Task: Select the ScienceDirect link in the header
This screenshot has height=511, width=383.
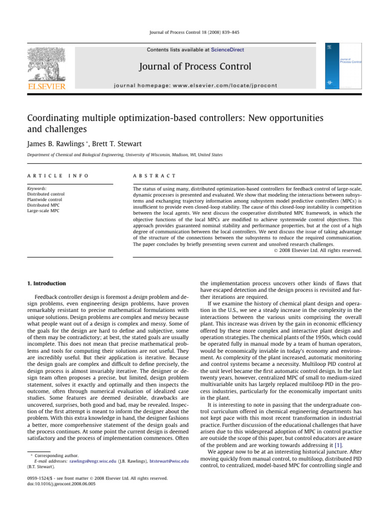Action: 227,50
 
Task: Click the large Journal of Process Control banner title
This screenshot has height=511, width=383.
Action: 195,66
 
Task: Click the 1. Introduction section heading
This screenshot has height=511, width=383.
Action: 46,283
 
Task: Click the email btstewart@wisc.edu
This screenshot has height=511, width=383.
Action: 169,462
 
